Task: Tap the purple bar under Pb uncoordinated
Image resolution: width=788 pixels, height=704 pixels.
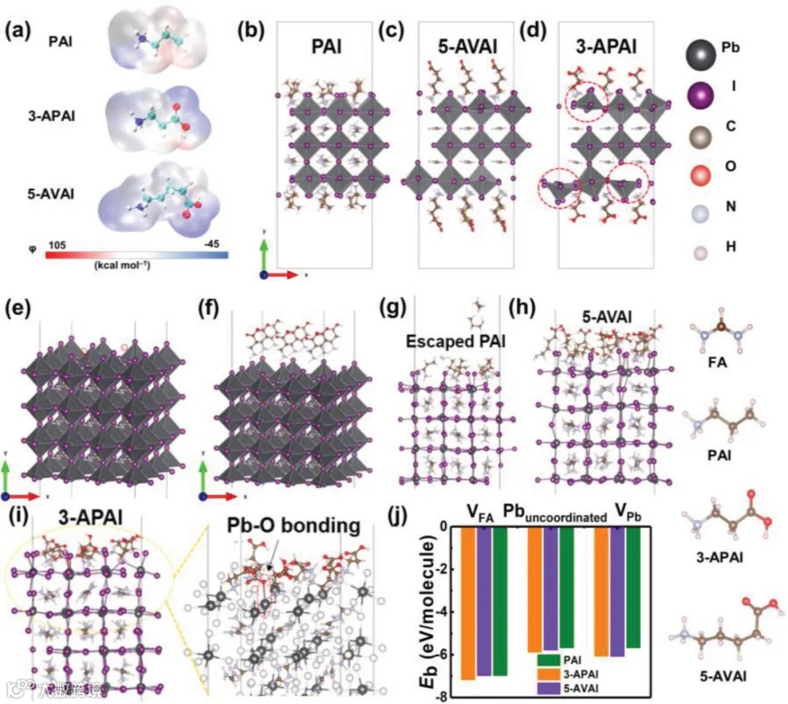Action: coord(564,589)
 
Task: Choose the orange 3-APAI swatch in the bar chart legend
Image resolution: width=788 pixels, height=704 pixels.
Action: coord(549,674)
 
